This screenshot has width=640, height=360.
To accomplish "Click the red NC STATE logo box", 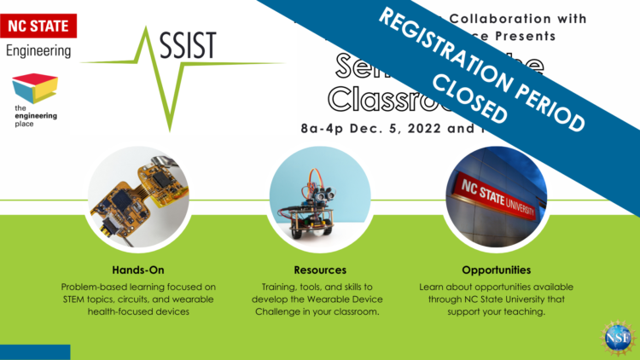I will (40, 26).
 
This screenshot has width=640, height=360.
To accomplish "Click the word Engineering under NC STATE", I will (38, 51).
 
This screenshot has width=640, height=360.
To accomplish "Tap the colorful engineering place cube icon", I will (35, 89).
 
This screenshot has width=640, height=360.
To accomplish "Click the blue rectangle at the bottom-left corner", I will (35, 352).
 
